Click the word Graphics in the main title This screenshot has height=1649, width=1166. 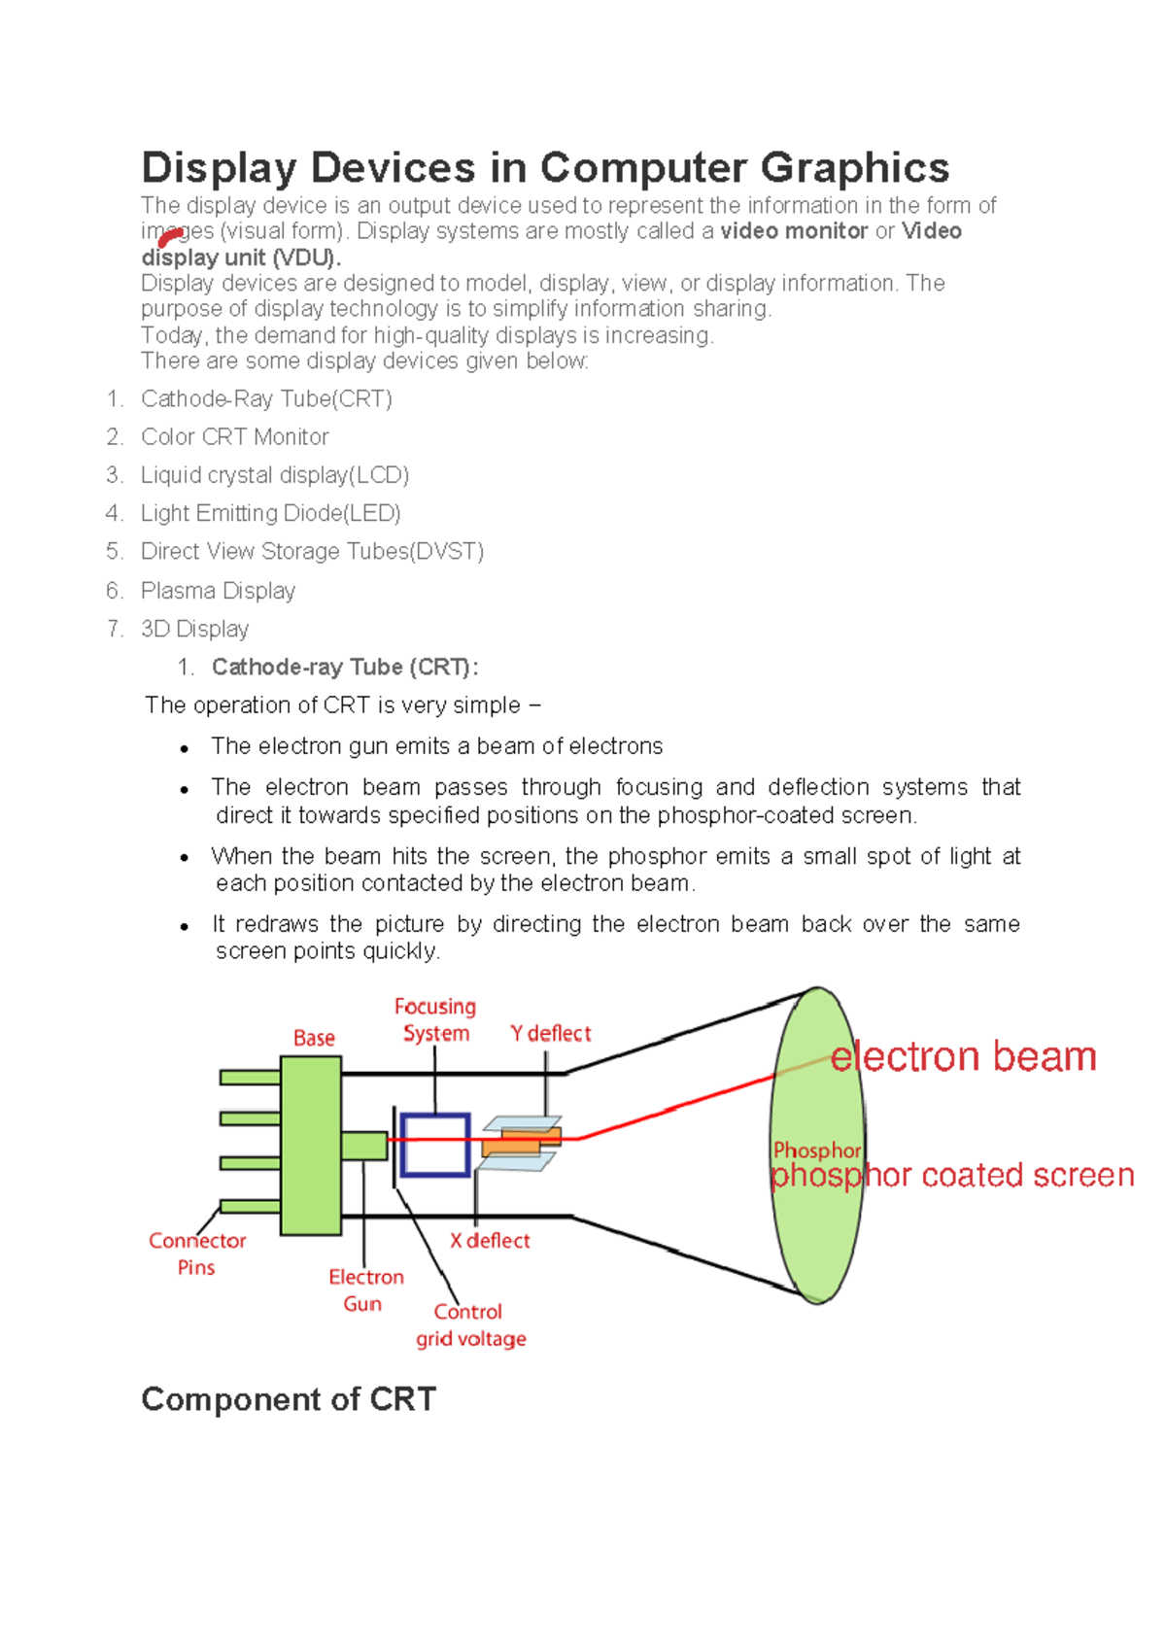[854, 168]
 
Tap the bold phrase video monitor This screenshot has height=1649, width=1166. [793, 231]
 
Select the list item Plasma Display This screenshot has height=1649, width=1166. [218, 591]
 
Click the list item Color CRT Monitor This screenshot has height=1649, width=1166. [234, 437]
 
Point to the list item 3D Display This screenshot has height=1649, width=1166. [194, 629]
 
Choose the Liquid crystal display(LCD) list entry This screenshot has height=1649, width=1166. [274, 475]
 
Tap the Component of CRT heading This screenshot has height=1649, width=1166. [289, 1399]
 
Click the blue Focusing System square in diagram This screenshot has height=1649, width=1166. [435, 1145]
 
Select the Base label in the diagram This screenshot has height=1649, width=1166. [314, 1038]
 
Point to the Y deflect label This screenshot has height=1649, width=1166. [550, 1034]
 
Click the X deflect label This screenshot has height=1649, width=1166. [490, 1241]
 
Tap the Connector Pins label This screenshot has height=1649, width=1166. [196, 1254]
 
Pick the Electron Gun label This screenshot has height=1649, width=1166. [365, 1290]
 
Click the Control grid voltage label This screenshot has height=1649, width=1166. [470, 1325]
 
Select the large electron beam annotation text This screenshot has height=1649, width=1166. [963, 1056]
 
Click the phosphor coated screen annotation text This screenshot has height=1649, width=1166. [952, 1176]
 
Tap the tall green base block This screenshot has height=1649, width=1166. [310, 1145]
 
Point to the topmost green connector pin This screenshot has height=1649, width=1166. [250, 1077]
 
